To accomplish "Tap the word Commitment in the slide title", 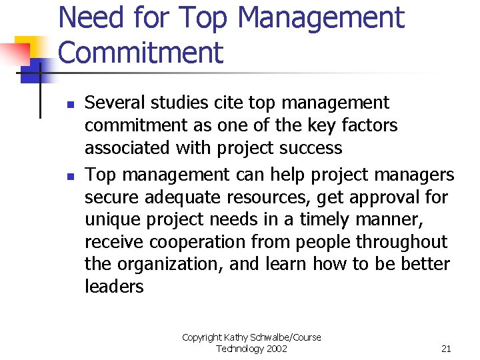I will point(141,53).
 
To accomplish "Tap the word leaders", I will point(113,287).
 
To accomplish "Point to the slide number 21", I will point(446,349).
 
